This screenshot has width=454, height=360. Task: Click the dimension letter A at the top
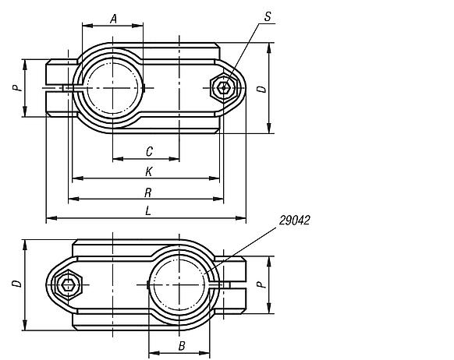click(x=113, y=18)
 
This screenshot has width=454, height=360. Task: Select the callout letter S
click(x=268, y=16)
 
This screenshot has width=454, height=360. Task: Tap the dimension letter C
click(x=148, y=150)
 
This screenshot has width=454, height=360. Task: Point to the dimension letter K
click(x=148, y=171)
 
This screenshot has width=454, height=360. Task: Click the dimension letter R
click(x=148, y=192)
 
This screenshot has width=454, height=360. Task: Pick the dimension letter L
click(x=148, y=211)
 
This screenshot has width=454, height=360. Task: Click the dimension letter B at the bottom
click(x=180, y=344)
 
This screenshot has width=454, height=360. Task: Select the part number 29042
click(x=294, y=221)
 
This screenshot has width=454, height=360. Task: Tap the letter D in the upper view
click(x=262, y=88)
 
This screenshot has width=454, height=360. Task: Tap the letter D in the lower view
click(x=15, y=284)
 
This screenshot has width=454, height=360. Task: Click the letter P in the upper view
click(x=15, y=88)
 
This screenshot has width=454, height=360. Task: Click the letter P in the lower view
click(x=262, y=284)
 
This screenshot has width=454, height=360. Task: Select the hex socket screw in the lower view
click(x=69, y=284)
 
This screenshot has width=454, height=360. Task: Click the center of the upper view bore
click(x=113, y=88)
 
